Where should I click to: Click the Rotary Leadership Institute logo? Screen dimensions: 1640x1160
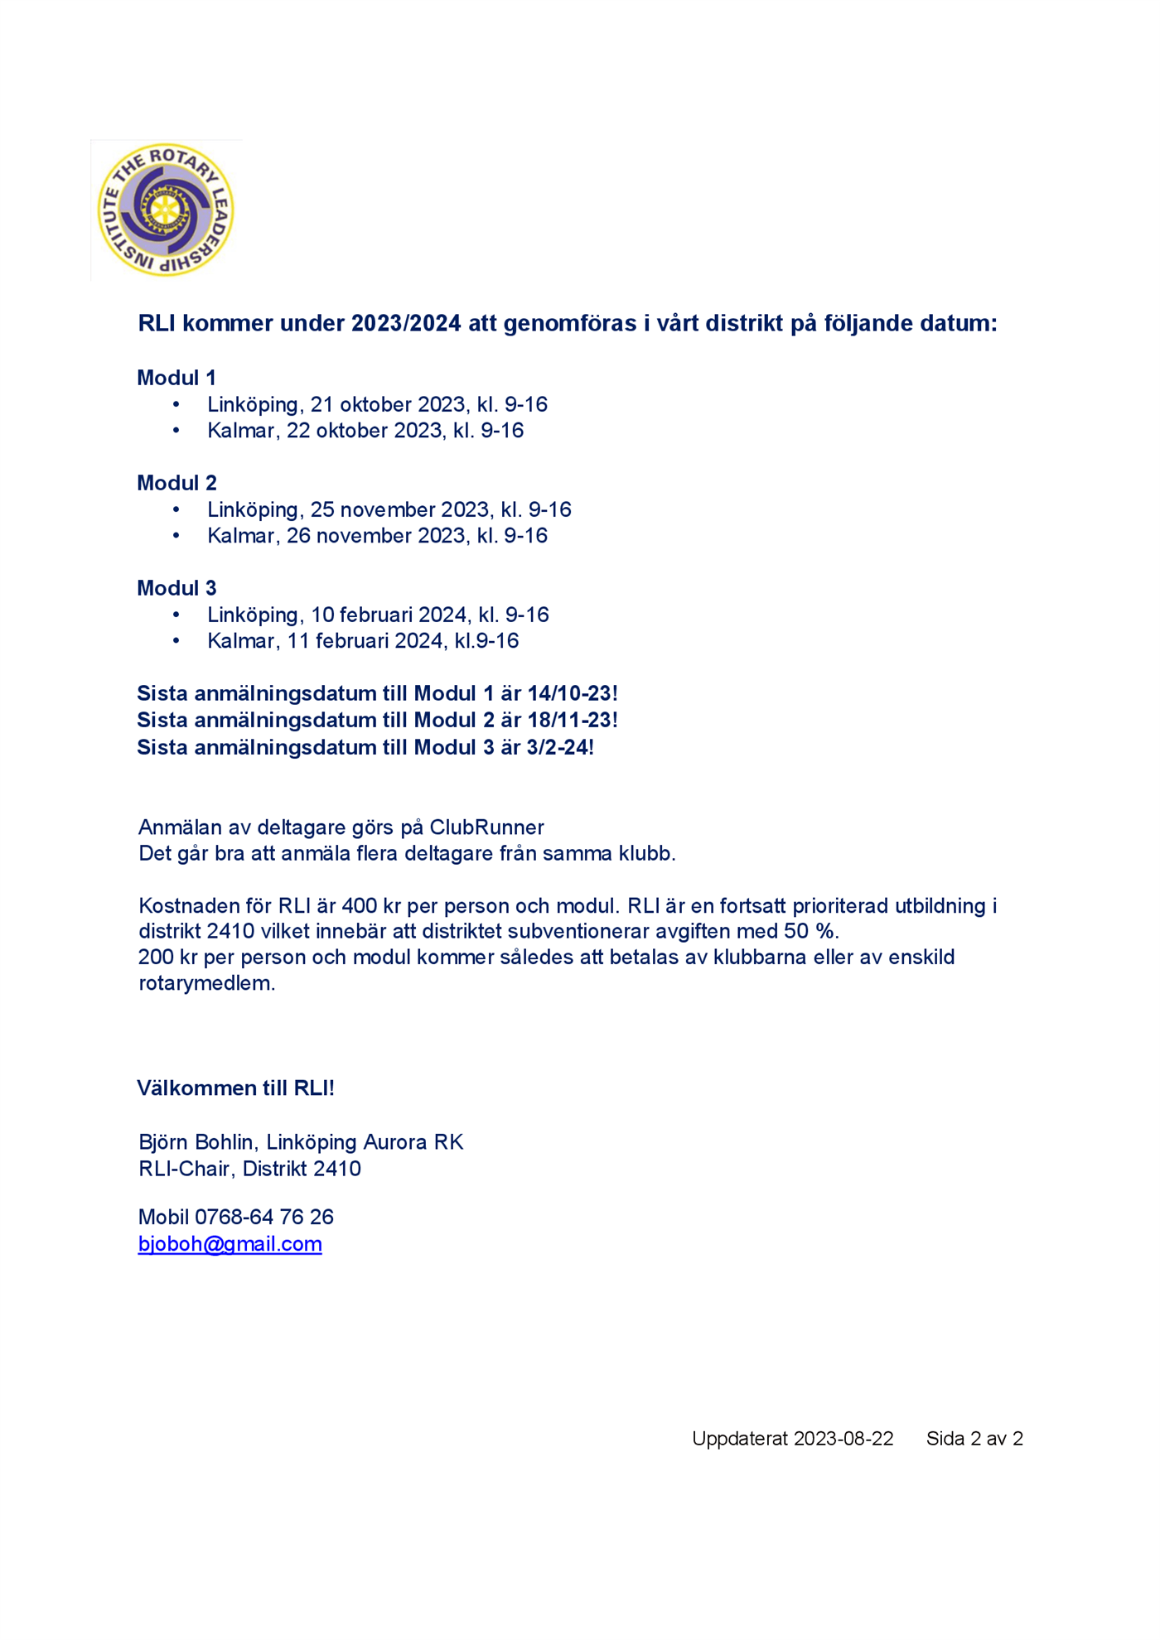click(x=166, y=210)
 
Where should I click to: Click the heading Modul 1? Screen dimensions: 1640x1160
click(x=176, y=378)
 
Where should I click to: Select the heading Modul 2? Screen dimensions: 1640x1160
click(x=176, y=483)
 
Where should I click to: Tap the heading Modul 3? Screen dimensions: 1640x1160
click(x=176, y=588)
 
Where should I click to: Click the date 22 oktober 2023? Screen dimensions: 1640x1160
click(x=365, y=431)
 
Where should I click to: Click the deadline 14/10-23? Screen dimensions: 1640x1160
click(x=569, y=693)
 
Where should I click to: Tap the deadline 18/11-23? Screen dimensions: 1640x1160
click(x=569, y=720)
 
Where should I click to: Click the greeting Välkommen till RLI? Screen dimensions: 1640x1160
click(x=235, y=1088)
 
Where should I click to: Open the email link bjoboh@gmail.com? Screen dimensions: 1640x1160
click(x=230, y=1244)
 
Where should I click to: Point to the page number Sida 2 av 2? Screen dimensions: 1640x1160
click(x=974, y=1439)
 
